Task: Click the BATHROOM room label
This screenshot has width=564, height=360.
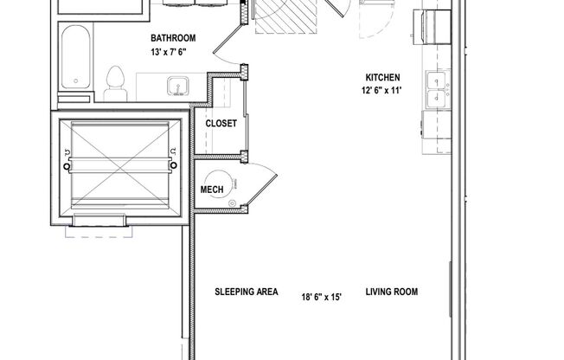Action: [x=172, y=38]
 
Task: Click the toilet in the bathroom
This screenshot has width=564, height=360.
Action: [x=112, y=82]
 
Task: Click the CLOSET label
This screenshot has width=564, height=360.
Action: [x=221, y=124]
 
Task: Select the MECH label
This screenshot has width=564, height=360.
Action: [x=212, y=190]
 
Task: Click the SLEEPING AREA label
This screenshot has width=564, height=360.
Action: [x=246, y=292]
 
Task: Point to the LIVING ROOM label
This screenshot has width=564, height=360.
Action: [x=391, y=292]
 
